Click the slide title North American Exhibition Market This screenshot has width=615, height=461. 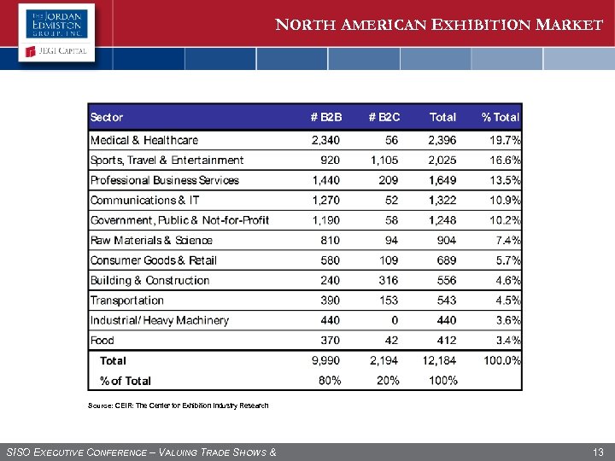point(439,25)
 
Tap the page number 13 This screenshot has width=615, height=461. point(597,451)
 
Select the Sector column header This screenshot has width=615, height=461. point(107,117)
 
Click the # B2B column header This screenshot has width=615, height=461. point(325,117)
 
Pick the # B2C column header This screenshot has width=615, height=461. point(384,117)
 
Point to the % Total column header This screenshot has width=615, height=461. point(501,117)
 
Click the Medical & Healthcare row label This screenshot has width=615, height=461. point(144,140)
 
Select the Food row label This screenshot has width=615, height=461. point(102,341)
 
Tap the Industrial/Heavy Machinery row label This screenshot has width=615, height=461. point(160,320)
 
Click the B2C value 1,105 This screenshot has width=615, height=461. point(384,160)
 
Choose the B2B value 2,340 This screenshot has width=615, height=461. point(325,140)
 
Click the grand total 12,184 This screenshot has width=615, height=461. point(439,361)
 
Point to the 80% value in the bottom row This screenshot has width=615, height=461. point(330,381)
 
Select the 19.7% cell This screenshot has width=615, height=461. point(505,140)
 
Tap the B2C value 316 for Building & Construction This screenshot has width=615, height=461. point(389,280)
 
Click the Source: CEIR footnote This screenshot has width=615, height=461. point(179,406)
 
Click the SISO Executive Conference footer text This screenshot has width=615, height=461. point(141,451)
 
